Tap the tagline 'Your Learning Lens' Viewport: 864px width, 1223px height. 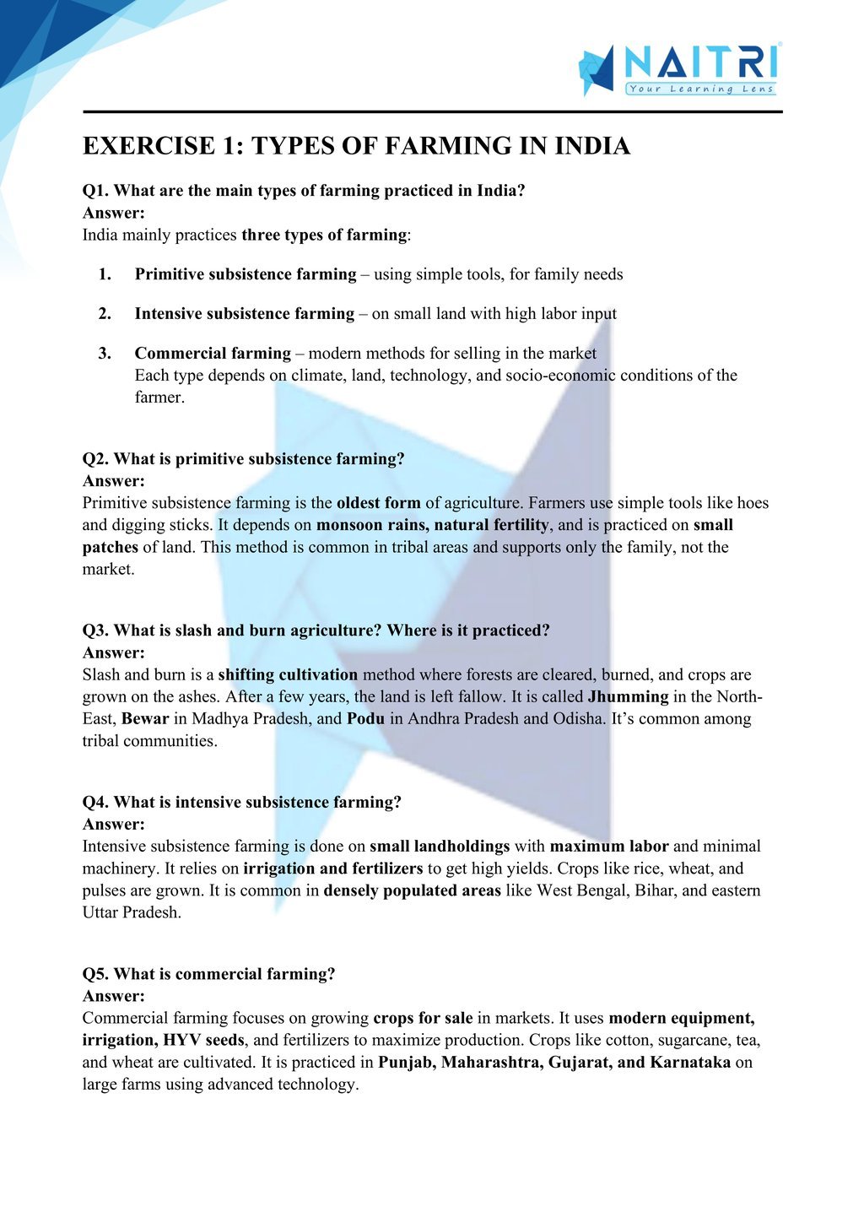coord(700,89)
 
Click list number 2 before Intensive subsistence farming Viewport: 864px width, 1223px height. coord(105,314)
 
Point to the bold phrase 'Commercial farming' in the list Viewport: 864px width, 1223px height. coord(213,353)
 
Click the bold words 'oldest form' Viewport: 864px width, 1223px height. coord(378,503)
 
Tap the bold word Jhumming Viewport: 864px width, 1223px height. coord(628,696)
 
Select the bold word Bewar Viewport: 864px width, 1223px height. coord(145,718)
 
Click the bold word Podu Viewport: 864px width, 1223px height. coord(365,718)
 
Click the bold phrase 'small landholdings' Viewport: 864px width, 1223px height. coord(440,846)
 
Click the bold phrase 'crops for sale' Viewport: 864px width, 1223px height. coord(423,1018)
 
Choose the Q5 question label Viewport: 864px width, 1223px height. coord(95,974)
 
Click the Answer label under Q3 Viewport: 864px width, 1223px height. coord(114,652)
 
